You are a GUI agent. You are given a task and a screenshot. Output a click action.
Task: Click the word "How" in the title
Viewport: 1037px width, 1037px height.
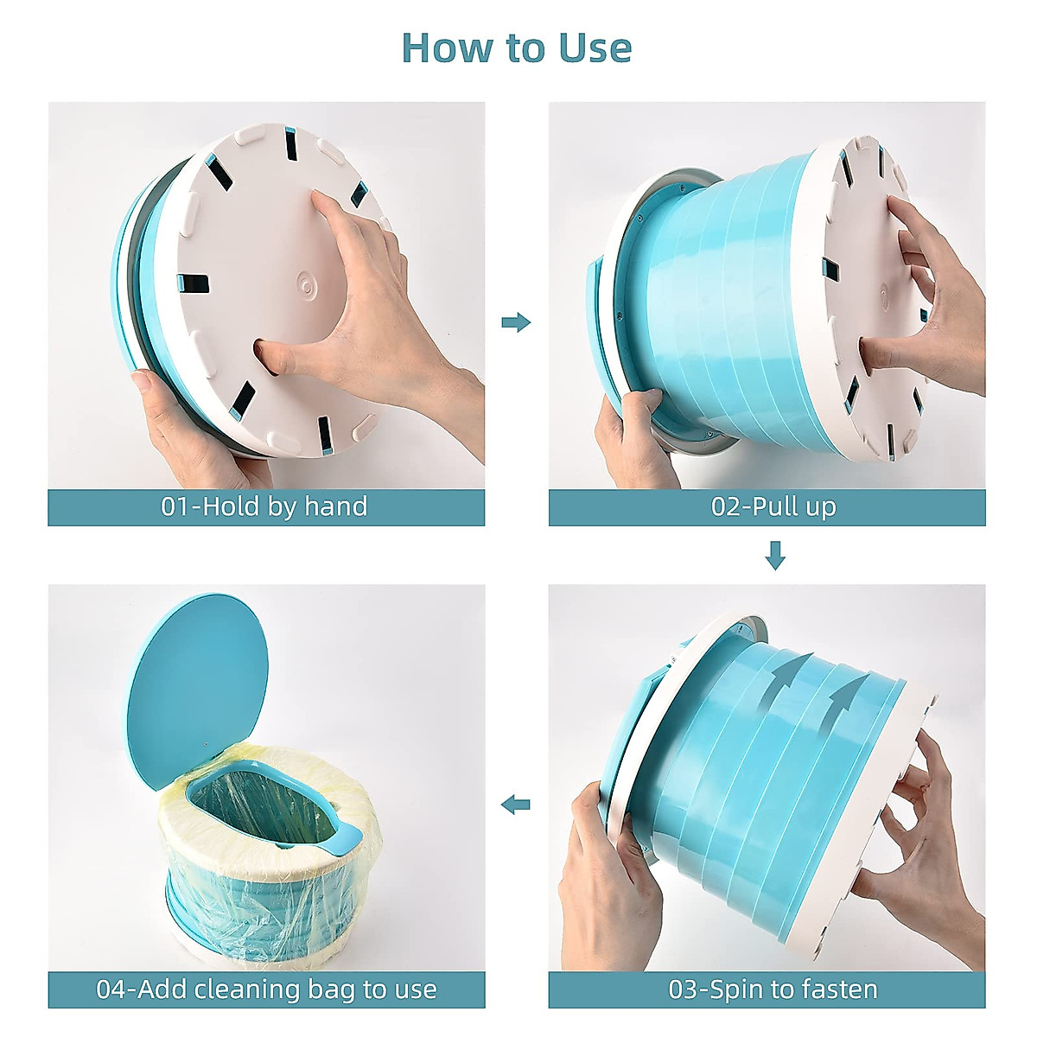click(441, 48)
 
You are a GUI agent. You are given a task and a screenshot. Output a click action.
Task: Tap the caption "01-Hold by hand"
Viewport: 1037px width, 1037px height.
click(264, 506)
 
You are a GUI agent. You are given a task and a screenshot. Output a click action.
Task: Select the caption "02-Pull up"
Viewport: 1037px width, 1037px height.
click(773, 506)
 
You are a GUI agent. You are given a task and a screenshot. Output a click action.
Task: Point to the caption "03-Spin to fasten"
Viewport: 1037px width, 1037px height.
click(773, 989)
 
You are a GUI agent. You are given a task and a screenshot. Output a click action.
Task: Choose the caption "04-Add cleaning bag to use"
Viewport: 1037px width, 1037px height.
click(266, 989)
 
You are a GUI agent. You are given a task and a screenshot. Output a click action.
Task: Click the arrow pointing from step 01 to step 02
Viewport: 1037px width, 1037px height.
click(516, 322)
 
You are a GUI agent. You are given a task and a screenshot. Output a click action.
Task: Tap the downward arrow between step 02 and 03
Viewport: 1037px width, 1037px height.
click(775, 555)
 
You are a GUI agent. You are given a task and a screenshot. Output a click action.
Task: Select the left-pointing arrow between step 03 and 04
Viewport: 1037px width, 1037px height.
click(516, 805)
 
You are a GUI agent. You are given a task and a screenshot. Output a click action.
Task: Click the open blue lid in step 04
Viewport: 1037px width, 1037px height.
click(197, 683)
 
